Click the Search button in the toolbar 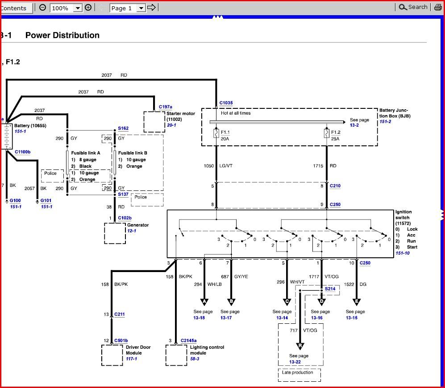pos(413,7)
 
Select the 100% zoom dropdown pos(66,8)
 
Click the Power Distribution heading pos(62,35)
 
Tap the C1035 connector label pos(226,103)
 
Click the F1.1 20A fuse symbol pos(216,132)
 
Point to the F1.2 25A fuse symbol pos(327,132)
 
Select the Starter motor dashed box pos(154,121)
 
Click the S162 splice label pos(123,128)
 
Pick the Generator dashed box pos(115,233)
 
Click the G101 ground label pos(46,201)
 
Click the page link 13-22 pos(295,362)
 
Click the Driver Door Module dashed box pos(112,355)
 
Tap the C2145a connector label pos(188,340)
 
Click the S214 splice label pos(330,289)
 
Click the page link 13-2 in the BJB pos(354,125)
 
